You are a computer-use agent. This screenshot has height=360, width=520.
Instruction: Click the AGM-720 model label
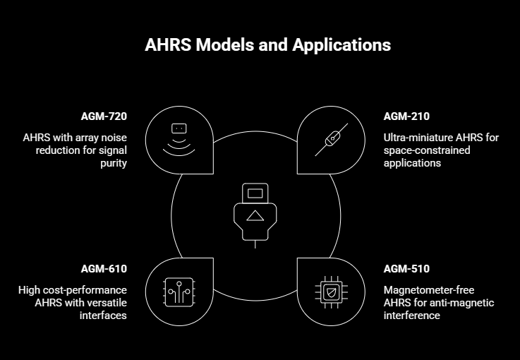104,116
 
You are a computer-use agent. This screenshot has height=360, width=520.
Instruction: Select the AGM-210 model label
406,116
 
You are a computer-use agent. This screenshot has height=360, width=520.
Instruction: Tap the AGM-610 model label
104,269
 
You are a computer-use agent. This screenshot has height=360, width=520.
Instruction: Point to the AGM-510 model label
406,269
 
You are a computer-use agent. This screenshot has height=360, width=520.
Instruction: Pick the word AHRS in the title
167,45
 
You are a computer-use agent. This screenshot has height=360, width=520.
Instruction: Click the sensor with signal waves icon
179,139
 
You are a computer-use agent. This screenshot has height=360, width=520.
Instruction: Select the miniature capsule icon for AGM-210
332,139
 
